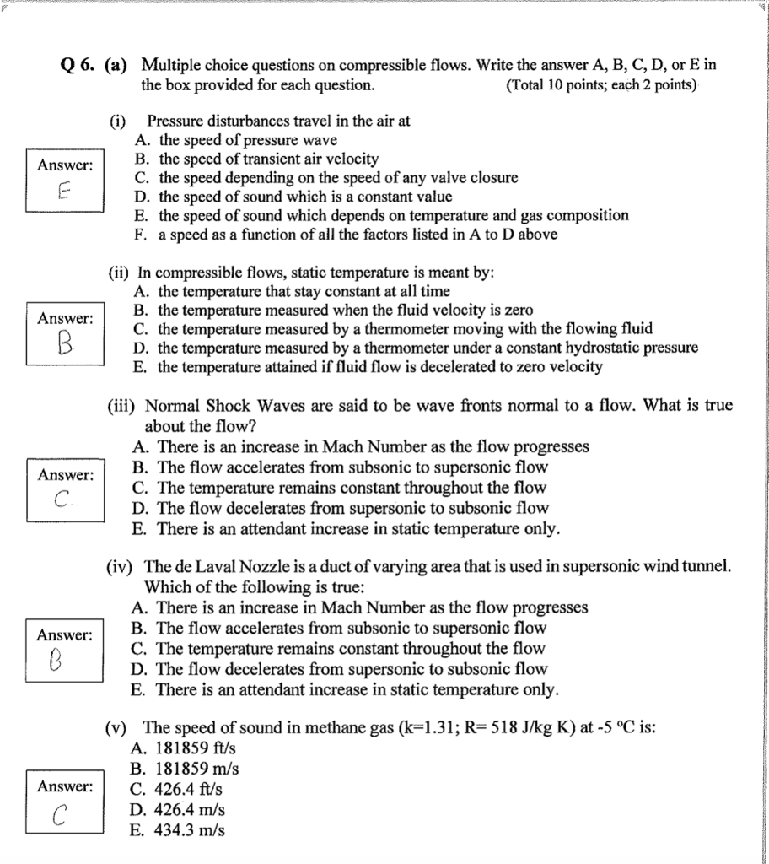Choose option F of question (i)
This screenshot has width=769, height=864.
[x=346, y=235]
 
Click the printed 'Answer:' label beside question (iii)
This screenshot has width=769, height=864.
[x=65, y=475]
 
